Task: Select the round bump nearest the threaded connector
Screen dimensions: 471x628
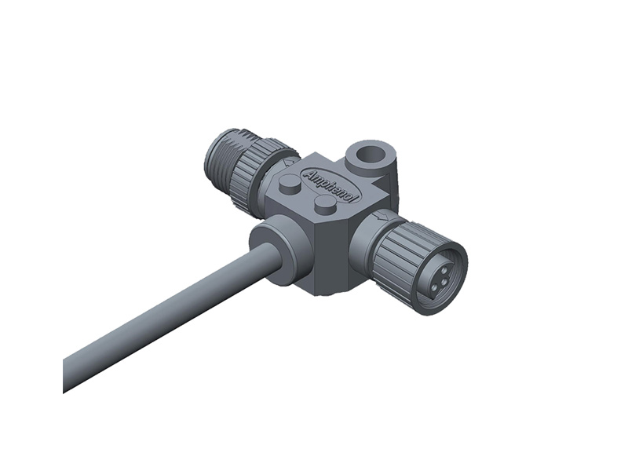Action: click(290, 184)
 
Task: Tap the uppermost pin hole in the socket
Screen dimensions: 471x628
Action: click(443, 266)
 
